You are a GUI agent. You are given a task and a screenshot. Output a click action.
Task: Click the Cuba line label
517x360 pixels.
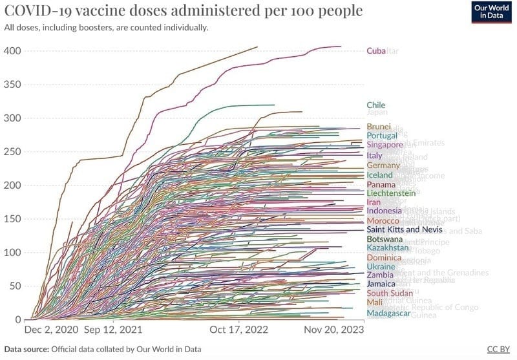tap(376, 51)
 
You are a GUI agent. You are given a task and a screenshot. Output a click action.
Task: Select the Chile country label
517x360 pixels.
tap(376, 105)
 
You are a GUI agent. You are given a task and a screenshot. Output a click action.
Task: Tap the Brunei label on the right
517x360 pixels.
tap(378, 127)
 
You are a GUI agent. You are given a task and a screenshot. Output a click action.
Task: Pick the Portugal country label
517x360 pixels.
tap(381, 136)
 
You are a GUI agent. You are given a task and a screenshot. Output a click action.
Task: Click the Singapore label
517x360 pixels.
tap(385, 145)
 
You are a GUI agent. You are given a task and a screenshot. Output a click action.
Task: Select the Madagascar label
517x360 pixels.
tap(388, 313)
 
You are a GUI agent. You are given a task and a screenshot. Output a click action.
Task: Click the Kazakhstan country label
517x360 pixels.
tap(388, 248)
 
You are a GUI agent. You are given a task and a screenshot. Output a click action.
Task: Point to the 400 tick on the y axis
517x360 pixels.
tap(13, 51)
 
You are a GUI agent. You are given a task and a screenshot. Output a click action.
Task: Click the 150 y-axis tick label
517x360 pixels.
tap(13, 219)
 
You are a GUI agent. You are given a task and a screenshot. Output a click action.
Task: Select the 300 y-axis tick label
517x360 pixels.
tap(13, 118)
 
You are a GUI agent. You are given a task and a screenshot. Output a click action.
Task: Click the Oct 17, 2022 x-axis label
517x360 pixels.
tap(239, 330)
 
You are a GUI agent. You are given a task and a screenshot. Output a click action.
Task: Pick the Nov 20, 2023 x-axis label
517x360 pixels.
tap(335, 330)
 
